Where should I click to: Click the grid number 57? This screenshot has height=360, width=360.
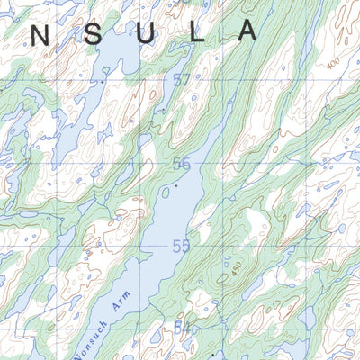[183, 81]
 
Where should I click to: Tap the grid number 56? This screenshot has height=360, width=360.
[183, 165]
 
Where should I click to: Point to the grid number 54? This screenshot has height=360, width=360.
[183, 326]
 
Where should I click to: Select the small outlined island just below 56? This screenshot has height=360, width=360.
[167, 191]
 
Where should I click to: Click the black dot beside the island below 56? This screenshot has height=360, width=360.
[177, 186]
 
